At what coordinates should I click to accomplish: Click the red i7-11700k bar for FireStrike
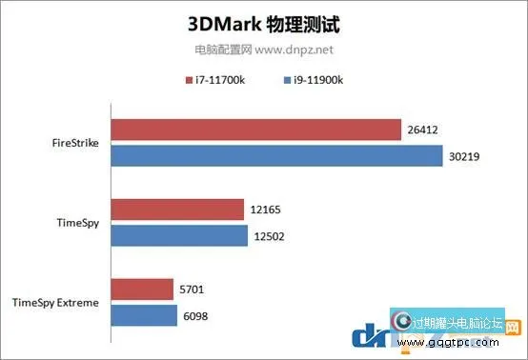click(255, 130)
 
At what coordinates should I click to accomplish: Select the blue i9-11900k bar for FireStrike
click(276, 154)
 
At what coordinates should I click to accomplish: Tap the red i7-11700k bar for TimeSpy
click(177, 210)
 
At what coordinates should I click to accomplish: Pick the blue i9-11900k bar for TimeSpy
click(179, 233)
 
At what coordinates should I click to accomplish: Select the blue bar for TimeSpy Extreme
click(144, 313)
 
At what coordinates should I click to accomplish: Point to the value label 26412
click(426, 130)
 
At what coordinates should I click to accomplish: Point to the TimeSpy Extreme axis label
click(55, 302)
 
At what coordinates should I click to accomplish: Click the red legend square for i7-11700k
click(189, 80)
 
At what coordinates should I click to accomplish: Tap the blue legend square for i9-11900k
click(286, 80)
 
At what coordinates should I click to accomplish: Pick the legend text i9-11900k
click(317, 80)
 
